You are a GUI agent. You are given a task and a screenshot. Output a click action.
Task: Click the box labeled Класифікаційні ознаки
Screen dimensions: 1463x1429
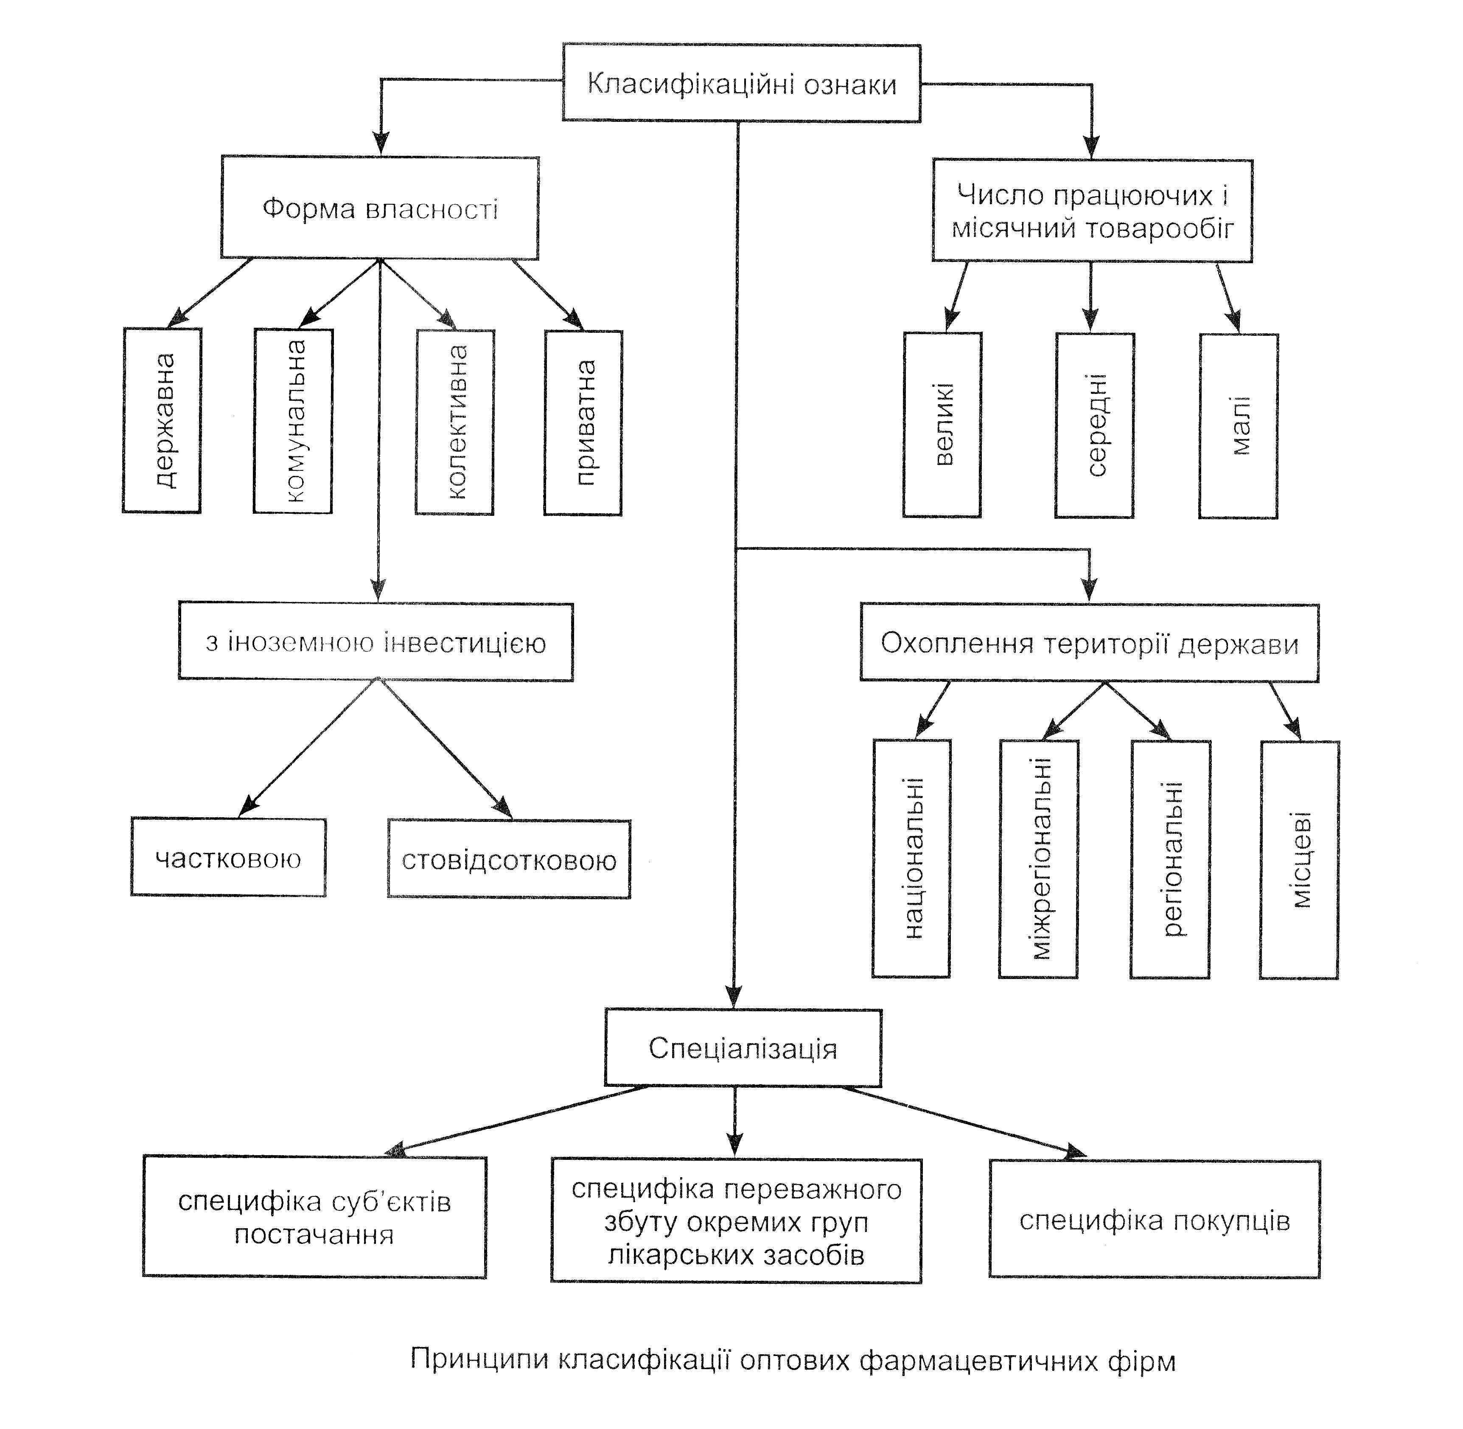pos(741,82)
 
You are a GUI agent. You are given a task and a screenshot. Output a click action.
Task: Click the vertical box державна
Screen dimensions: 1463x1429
pos(162,420)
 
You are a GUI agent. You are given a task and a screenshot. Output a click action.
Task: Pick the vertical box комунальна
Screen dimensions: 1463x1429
pos(293,421)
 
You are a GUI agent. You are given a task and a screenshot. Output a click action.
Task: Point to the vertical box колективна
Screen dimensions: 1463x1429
pos(455,422)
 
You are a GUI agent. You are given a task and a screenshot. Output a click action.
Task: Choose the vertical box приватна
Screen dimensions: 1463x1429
pos(583,422)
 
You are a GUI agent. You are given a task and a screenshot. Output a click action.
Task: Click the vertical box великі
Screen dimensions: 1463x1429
pos(942,425)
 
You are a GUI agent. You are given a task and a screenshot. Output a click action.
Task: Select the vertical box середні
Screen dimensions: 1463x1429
pos(1095,425)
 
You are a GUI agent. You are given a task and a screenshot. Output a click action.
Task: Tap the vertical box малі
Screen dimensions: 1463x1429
pos(1239,426)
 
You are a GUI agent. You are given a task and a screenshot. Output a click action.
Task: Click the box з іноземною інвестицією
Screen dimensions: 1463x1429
pos(376,642)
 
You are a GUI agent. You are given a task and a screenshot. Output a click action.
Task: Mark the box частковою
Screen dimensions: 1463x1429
pos(229,857)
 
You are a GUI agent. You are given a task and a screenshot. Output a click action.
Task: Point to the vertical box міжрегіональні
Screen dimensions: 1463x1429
pos(1038,859)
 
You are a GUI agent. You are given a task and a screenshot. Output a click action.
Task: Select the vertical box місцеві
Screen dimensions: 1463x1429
pos(1300,860)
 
